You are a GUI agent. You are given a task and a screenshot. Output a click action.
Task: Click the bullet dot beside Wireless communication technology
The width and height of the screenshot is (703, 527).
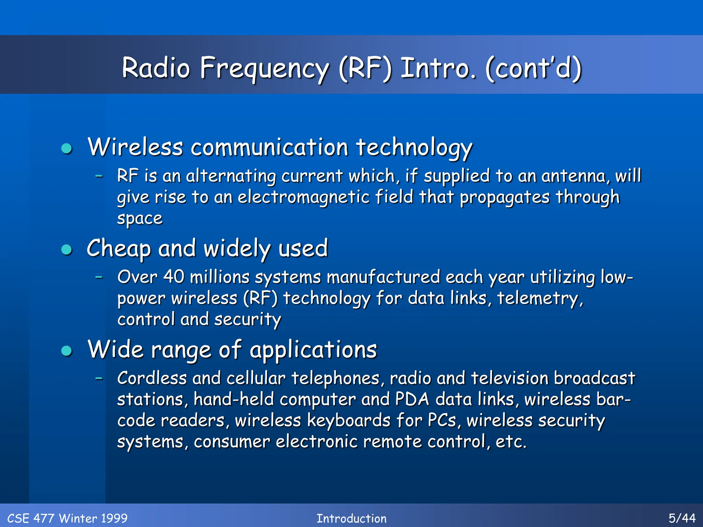[67, 149]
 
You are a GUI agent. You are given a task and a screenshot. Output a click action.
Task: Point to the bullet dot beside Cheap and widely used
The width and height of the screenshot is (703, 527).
[67, 249]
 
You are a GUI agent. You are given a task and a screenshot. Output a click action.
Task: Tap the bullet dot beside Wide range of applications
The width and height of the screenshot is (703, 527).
[67, 351]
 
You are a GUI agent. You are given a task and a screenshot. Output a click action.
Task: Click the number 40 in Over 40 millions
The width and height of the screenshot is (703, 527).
[174, 277]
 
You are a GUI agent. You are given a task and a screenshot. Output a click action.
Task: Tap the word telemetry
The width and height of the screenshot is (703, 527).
[540, 298]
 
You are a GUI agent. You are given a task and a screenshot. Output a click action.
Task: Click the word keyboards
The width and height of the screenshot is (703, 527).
[348, 420]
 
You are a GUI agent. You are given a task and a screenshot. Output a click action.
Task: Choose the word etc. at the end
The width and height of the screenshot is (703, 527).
[511, 442]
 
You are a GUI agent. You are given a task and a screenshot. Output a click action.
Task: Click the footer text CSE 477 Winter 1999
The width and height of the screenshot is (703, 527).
[67, 518]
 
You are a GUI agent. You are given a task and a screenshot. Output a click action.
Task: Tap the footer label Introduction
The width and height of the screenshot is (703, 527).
[351, 518]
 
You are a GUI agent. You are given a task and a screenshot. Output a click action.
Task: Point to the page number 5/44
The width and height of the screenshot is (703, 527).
[682, 518]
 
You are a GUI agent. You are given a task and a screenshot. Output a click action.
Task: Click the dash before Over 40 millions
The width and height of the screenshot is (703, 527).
[99, 277]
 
